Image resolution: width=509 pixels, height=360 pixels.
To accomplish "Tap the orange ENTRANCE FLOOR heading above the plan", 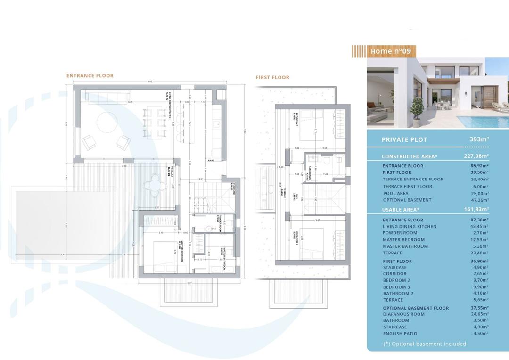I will coord(90,75).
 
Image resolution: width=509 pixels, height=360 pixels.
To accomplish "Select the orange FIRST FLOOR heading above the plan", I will coord(272,77).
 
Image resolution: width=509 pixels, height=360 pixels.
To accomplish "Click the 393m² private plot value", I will coord(479,139).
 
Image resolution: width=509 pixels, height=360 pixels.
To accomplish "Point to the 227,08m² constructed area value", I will coord(476,156).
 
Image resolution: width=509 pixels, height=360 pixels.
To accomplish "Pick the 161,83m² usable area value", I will coord(476,209).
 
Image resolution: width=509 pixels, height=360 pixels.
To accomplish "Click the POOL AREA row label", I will coord(395,193).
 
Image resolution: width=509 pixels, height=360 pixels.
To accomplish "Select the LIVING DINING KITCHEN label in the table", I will coord(409,227).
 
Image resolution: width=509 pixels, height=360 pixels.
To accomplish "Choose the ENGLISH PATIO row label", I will coord(400,334).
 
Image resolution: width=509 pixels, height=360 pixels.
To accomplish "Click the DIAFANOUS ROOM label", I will coord(403,314).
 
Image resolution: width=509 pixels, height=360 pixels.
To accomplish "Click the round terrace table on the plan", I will coord(155,181).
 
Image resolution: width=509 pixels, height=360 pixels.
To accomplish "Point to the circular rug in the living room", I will coord(107,123).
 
